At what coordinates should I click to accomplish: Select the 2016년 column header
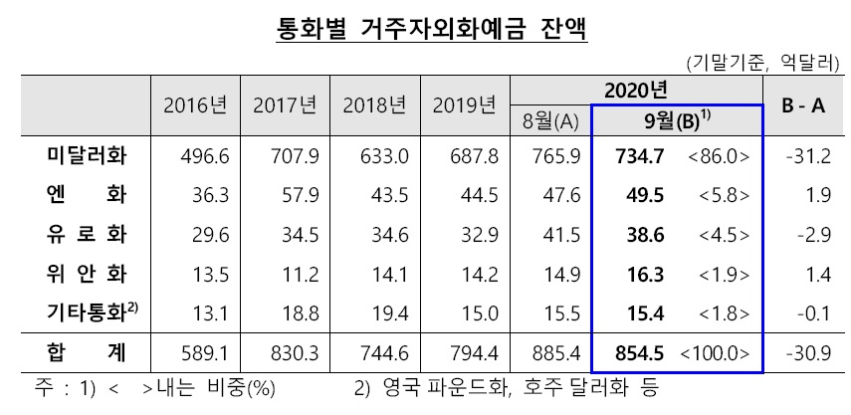click(195, 105)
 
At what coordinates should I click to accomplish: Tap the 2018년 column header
click(374, 105)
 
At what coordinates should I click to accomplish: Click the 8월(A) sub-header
click(549, 123)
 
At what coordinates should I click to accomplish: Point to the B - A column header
click(803, 105)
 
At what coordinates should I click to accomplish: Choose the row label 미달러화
click(87, 156)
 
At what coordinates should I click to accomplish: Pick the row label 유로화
click(87, 235)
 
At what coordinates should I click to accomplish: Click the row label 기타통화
click(93, 313)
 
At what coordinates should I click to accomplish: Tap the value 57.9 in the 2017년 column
click(301, 196)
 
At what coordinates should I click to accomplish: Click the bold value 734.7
click(639, 157)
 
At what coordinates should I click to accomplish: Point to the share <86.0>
click(718, 157)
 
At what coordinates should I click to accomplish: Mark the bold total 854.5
click(639, 353)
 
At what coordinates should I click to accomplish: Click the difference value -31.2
click(807, 157)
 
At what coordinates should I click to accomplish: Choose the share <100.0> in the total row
click(715, 353)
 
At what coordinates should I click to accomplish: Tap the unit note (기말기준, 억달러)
click(762, 64)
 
